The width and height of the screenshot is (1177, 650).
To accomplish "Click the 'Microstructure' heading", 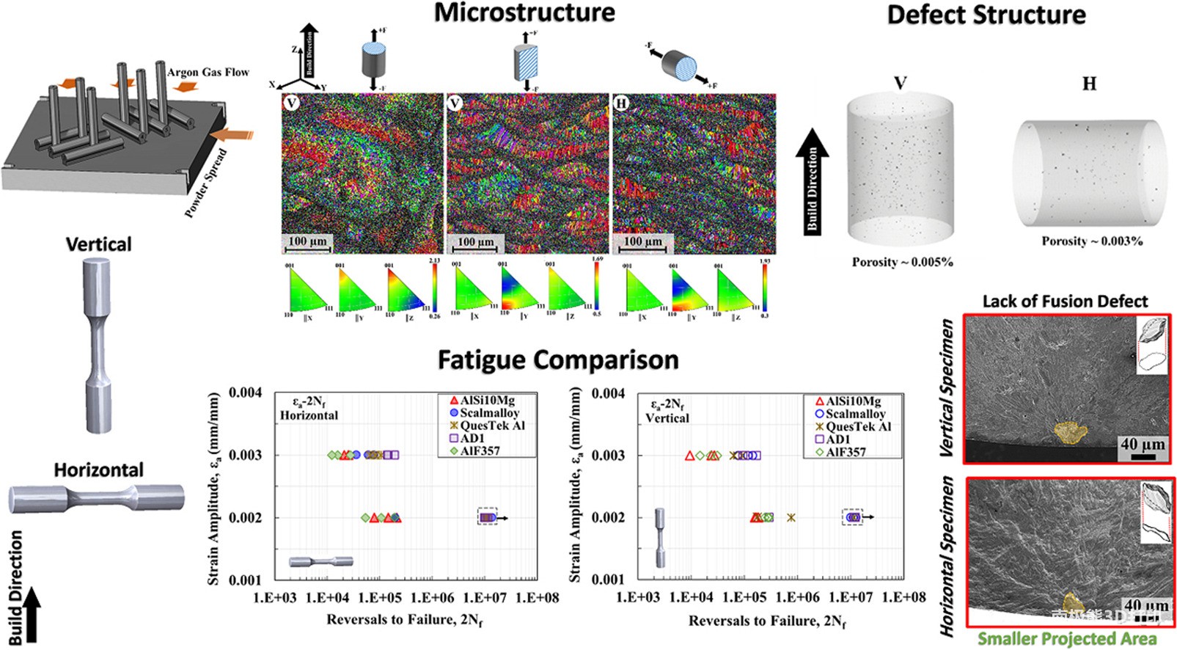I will tap(524, 13).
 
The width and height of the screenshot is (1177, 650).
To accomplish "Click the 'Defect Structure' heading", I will tap(986, 15).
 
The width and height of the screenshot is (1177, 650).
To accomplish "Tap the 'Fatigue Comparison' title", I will tap(558, 360).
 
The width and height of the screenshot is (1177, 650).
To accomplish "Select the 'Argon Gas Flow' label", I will tap(208, 72).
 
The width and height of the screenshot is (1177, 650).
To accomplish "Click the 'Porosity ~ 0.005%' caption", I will tap(902, 262).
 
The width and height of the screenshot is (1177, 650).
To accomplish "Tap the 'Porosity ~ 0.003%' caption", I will tap(1092, 241).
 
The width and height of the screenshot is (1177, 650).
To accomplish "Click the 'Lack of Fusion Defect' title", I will tap(1065, 301).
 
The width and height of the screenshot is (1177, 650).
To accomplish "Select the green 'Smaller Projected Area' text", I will tap(1067, 639).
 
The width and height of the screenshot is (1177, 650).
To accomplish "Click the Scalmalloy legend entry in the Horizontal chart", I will tap(489, 413).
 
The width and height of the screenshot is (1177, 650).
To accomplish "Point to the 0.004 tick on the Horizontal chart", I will tap(245, 392).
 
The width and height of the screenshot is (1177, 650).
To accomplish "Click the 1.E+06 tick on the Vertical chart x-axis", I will tap(798, 597).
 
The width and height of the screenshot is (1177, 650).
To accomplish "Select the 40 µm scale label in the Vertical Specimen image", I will tap(1142, 444).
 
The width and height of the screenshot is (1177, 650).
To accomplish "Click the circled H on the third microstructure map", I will tap(621, 103).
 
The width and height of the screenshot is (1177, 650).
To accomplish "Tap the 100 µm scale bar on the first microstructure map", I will tap(307, 242).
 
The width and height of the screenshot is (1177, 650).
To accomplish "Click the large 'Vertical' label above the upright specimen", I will tap(99, 244).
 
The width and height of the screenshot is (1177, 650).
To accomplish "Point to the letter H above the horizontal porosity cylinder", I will tap(1089, 84).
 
